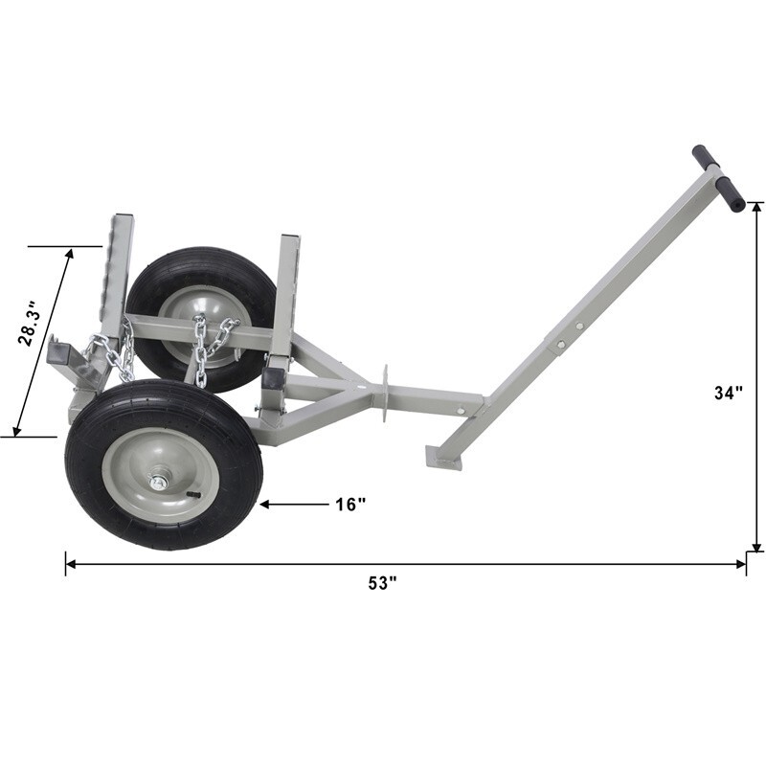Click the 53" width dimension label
coord(380,584)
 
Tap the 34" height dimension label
coord(729,393)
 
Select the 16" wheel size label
coord(350,504)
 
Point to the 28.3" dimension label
coord(32,323)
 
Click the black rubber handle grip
coord(719,178)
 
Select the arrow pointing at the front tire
coord(287,503)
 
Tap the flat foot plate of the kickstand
coord(443,459)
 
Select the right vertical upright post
coord(288,287)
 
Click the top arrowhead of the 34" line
coord(756,207)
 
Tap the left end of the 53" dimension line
coord(67,564)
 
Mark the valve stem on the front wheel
coord(194,494)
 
